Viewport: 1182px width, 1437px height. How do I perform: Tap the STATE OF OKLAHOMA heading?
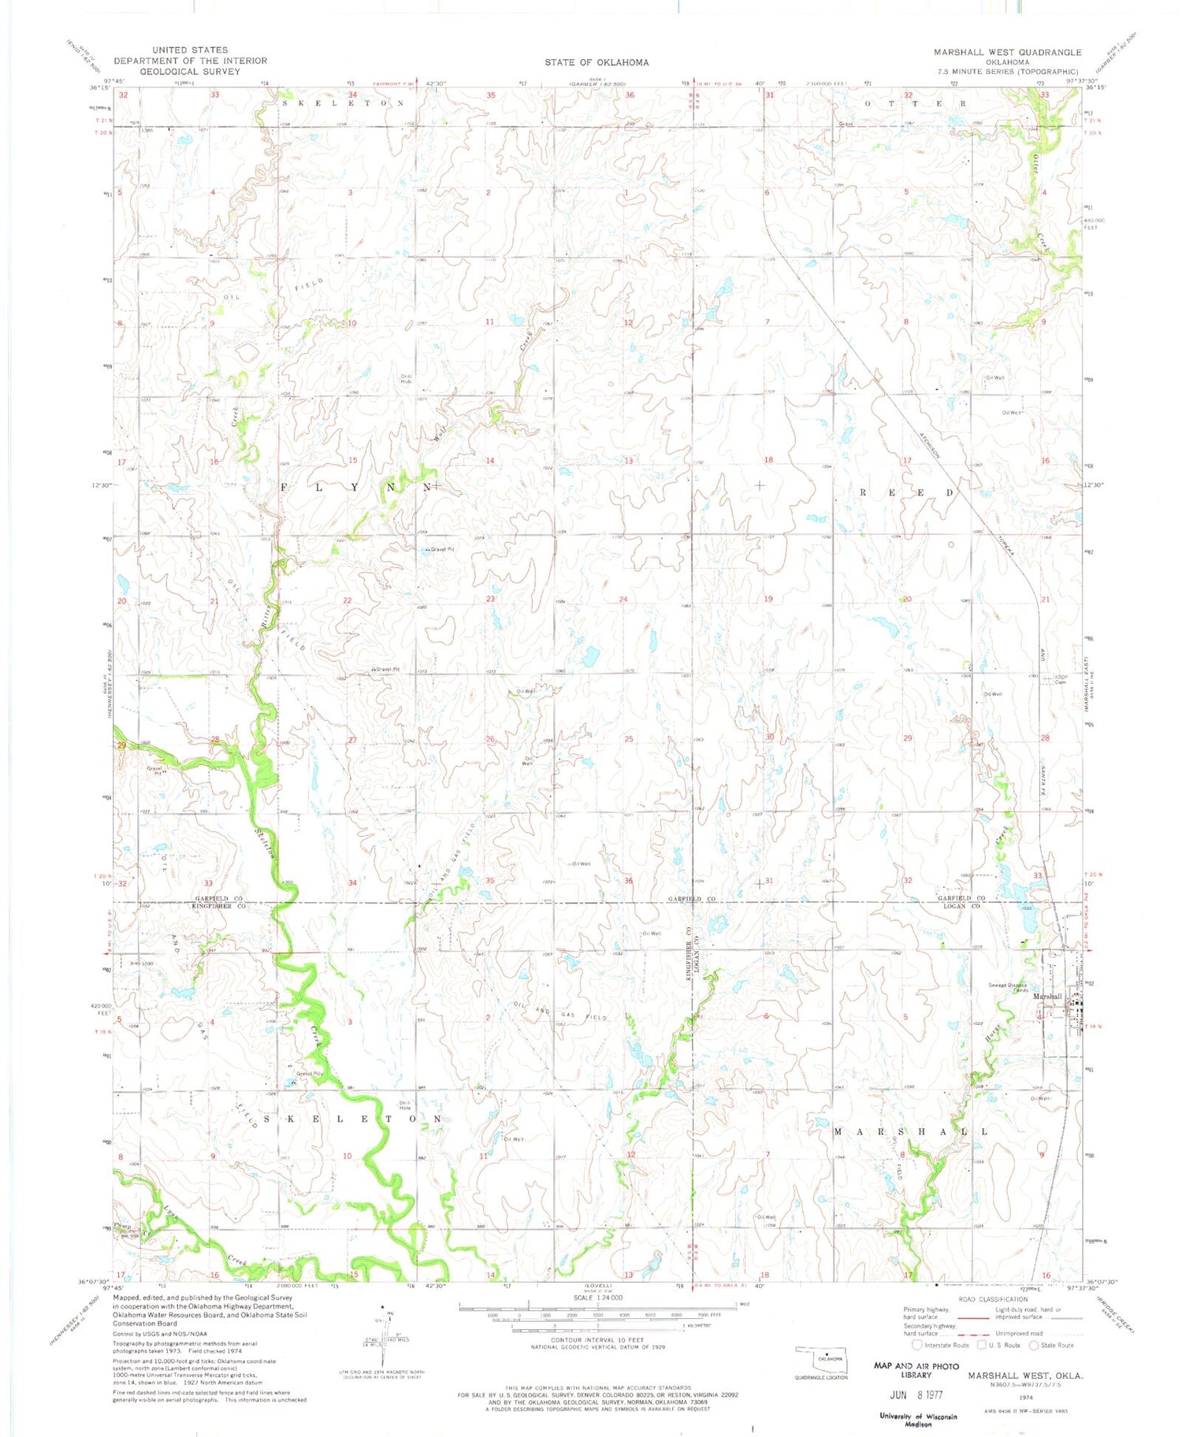click(x=597, y=62)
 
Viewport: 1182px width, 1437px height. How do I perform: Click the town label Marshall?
click(x=1047, y=997)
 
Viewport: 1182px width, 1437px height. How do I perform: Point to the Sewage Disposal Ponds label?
click(x=1009, y=988)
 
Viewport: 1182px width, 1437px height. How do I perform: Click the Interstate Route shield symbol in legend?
click(x=918, y=1345)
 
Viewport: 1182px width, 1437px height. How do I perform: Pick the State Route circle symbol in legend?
click(x=1035, y=1345)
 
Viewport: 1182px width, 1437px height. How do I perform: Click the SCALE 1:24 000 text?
click(x=597, y=1298)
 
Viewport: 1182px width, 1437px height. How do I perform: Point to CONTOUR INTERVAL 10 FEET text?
click(x=597, y=1339)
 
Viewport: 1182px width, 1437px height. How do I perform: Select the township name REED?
click(x=906, y=492)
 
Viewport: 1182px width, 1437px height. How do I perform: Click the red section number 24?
click(x=623, y=600)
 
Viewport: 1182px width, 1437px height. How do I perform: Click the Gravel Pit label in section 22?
click(x=387, y=670)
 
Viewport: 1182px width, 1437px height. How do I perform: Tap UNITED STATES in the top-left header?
click(x=190, y=50)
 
